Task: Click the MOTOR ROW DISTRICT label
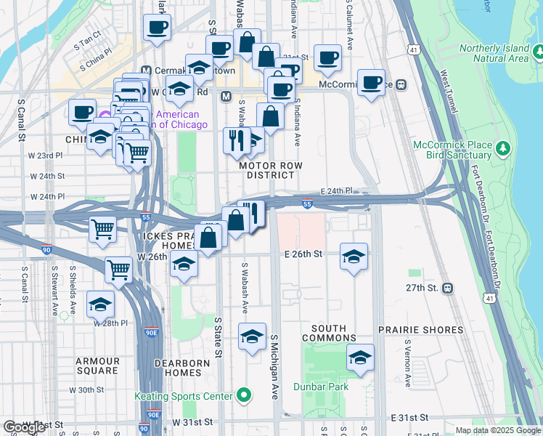pos(270,170)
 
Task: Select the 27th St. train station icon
pos(449,288)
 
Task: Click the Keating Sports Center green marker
pos(244,396)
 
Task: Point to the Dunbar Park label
pos(321,387)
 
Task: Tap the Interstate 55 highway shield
pos(308,206)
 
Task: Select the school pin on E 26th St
pos(354,257)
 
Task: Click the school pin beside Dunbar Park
pos(360,357)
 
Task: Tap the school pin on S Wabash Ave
pos(252,336)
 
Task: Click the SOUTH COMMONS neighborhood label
pos(329,334)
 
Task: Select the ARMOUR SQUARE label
pos(97,366)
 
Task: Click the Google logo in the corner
pos(24,427)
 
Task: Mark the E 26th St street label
pos(301,254)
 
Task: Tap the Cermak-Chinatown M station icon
pos(146,71)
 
